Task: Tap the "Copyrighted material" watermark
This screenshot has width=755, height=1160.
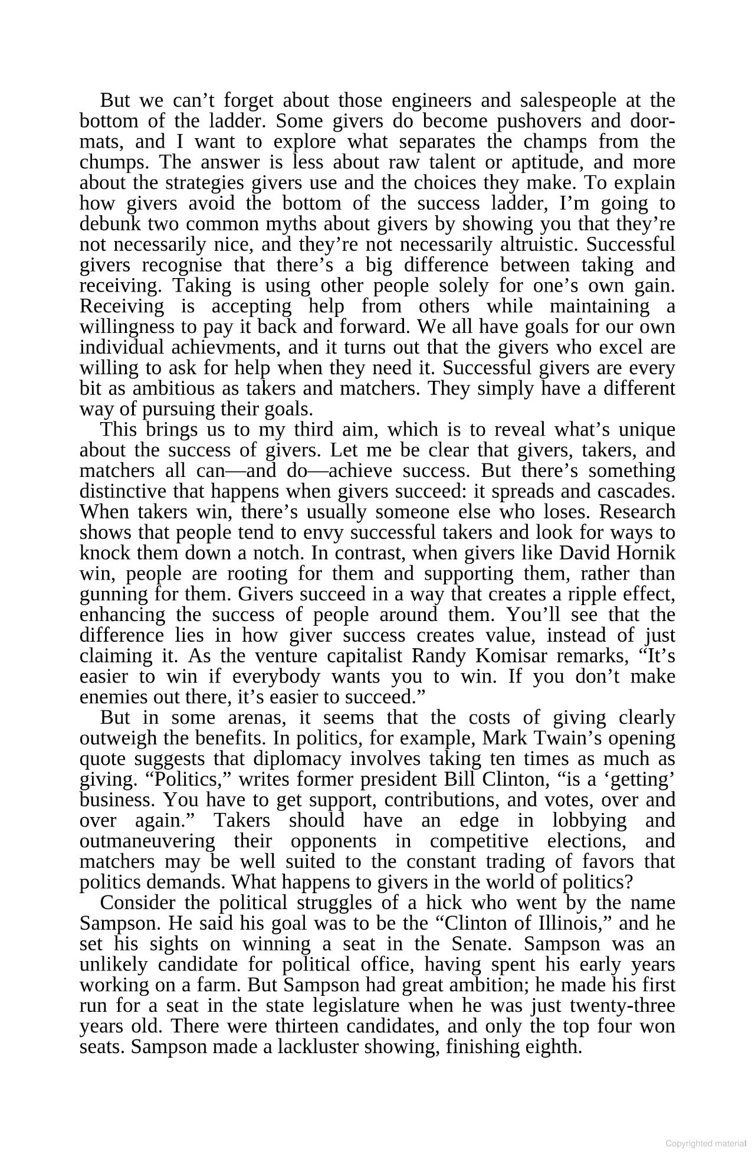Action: click(705, 1143)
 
